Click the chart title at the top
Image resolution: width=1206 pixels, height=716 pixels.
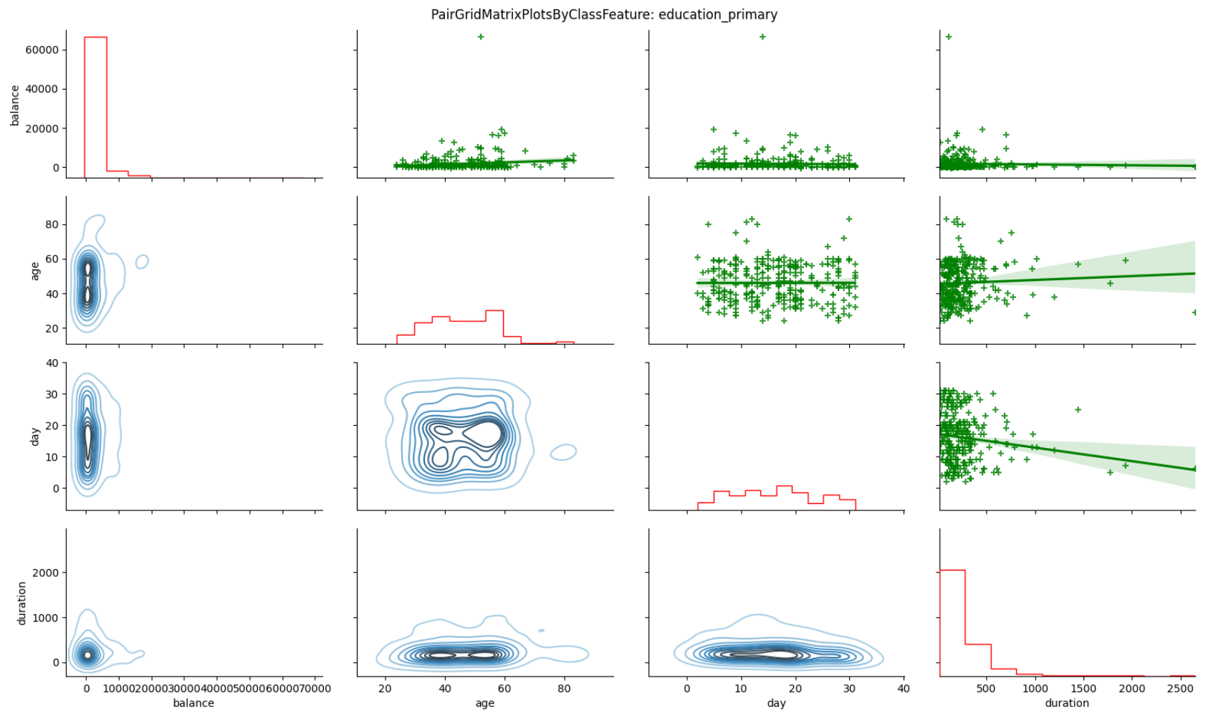[x=603, y=14]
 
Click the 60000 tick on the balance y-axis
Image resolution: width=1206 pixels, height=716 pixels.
[x=42, y=50]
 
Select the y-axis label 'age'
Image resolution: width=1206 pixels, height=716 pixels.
[x=34, y=270]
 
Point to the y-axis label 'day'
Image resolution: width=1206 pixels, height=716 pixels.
[x=34, y=436]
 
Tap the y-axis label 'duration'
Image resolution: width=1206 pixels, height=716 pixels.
[x=21, y=603]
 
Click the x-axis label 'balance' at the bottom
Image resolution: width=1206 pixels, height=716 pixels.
[x=193, y=703]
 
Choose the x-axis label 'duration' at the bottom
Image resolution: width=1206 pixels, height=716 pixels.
[x=1066, y=703]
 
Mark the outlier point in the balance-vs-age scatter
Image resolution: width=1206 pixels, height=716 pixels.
[x=480, y=37]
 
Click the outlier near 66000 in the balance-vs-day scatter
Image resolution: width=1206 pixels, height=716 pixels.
[x=762, y=37]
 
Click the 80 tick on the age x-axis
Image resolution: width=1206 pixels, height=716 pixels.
[x=564, y=689]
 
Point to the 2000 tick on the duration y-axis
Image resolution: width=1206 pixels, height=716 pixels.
[x=45, y=573]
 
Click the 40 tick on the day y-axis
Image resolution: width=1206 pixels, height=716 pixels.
[x=52, y=363]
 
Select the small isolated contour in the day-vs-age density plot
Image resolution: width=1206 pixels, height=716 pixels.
[x=564, y=452]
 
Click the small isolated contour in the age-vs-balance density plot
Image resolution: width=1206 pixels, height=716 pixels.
[x=142, y=262]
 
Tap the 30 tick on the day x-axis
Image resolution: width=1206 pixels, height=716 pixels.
[x=849, y=689]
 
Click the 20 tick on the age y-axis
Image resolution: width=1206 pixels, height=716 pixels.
[x=52, y=328]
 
